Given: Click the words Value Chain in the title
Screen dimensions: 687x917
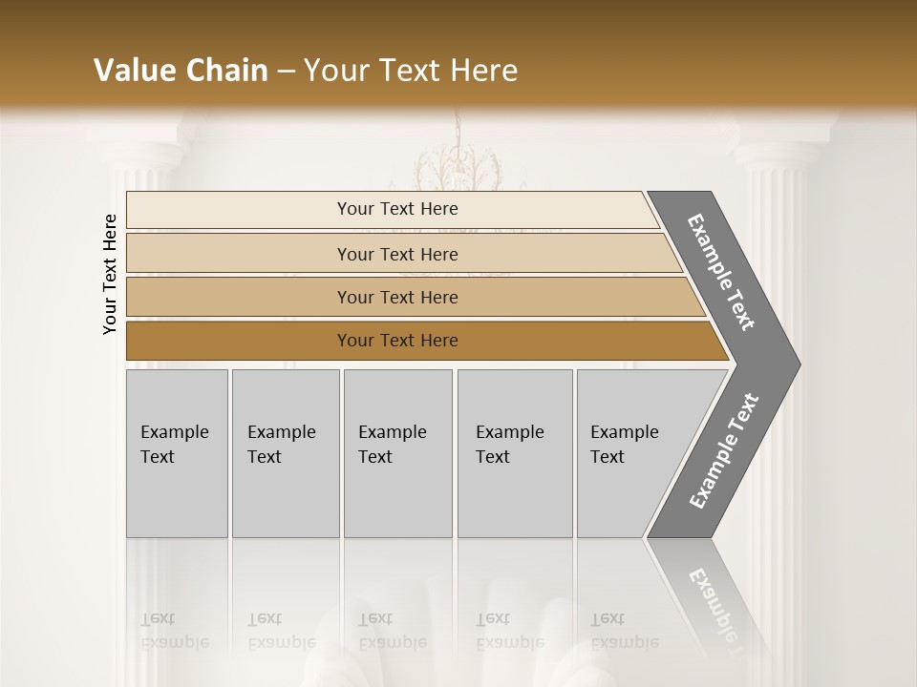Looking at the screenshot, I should pos(181,71).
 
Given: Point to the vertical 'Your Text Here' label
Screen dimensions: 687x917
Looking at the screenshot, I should pos(110,274).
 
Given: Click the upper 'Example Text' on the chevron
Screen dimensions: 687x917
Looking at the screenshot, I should pos(721,272).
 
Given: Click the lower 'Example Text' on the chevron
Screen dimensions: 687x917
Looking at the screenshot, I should pos(723,451).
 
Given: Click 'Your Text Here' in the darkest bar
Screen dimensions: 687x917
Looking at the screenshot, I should pos(397,341).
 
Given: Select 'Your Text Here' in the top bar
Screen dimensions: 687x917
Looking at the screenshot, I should pos(397,209).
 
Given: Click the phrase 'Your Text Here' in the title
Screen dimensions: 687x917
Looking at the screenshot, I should pos(411,71).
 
